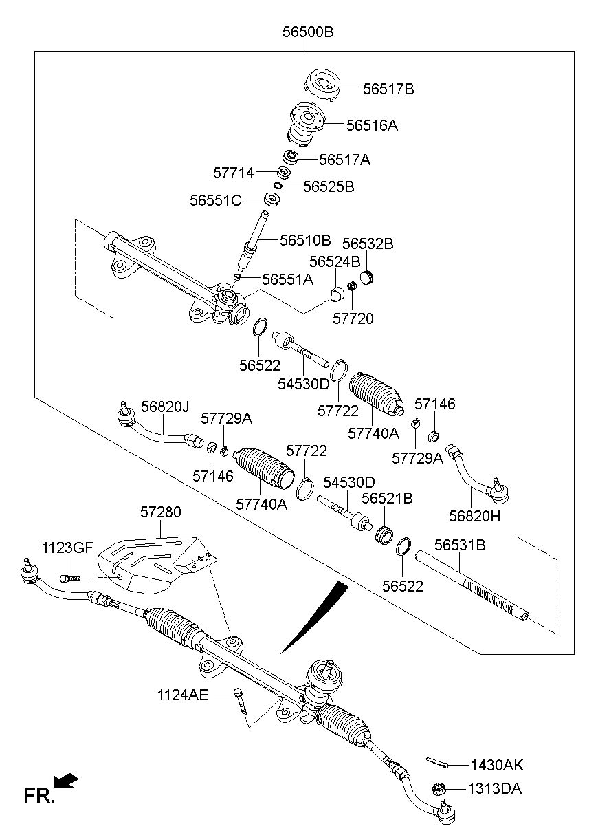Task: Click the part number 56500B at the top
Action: coord(307,32)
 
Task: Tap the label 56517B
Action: coord(388,89)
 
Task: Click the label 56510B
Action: coord(305,240)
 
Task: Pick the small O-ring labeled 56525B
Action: coord(279,186)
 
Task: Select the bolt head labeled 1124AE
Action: coord(237,693)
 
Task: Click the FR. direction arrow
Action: coord(67,780)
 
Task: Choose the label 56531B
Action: coord(460,545)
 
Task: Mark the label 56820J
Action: coord(165,407)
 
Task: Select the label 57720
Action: coord(353,318)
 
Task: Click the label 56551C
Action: coord(216,200)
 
